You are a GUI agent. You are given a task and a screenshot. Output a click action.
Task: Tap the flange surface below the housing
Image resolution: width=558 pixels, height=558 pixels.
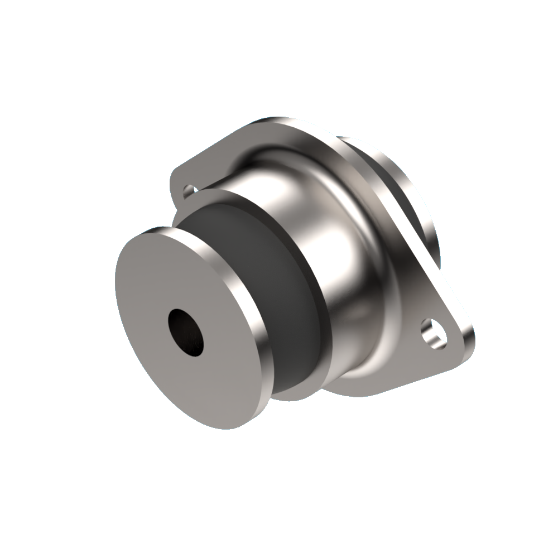(357, 385)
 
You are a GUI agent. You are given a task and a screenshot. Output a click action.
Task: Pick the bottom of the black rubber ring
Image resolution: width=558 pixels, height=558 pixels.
(290, 385)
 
